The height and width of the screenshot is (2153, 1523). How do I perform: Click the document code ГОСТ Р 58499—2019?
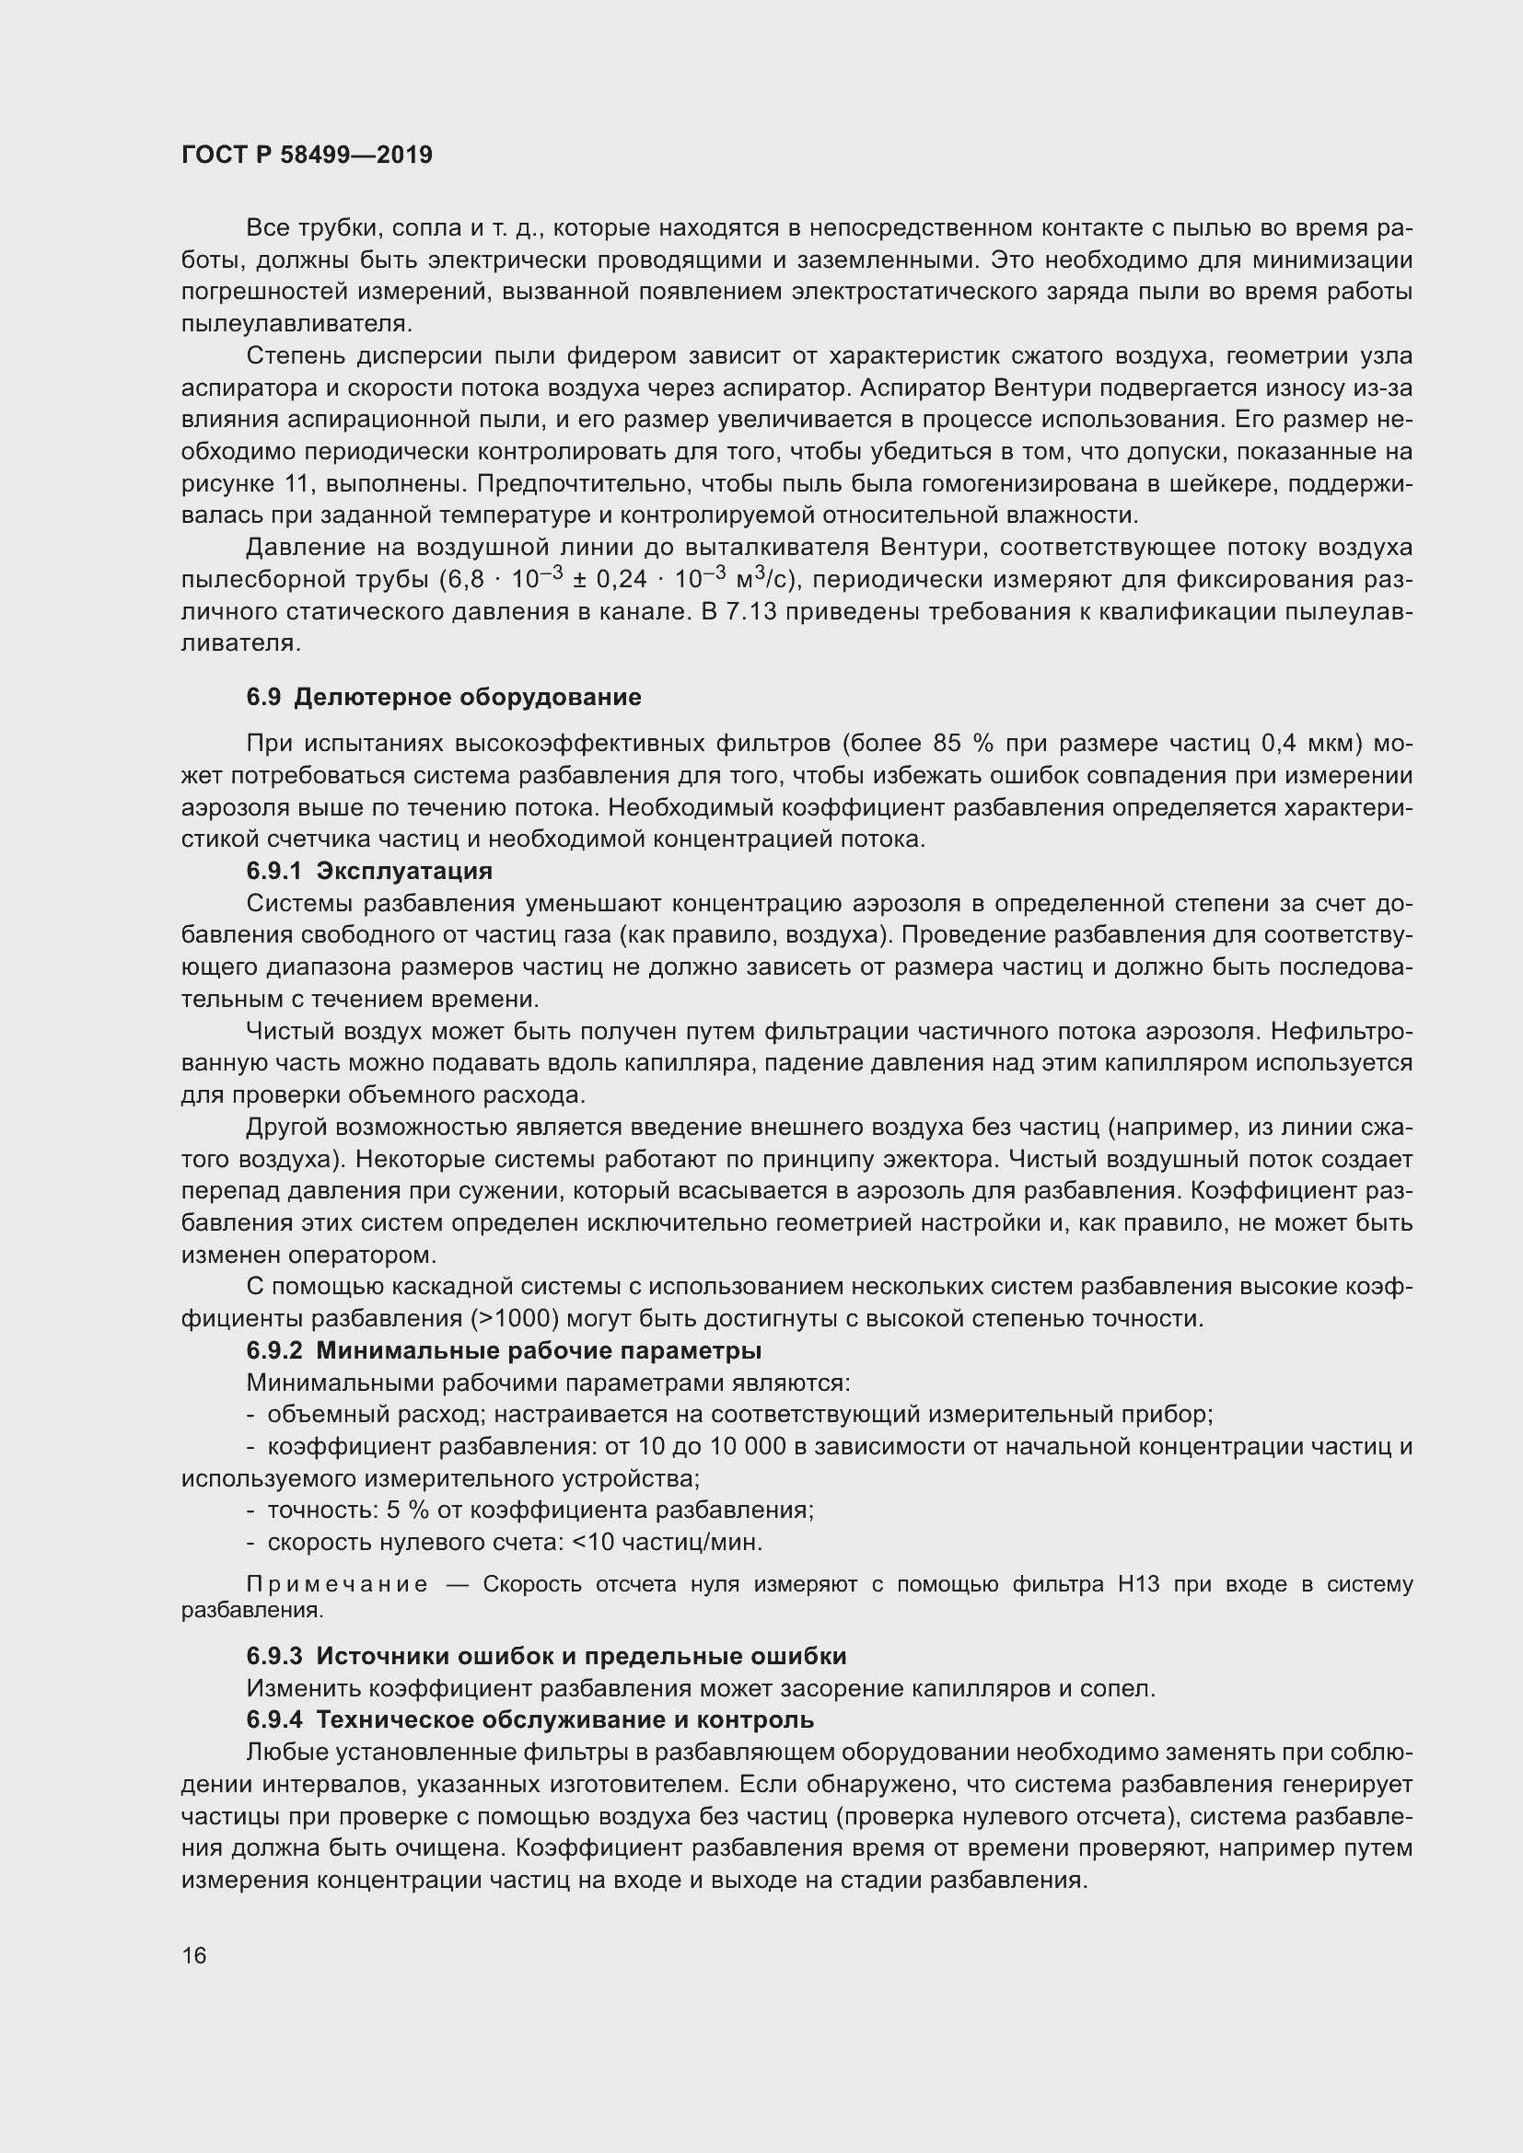pyautogui.click(x=307, y=155)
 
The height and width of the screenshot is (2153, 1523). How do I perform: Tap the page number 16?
pyautogui.click(x=194, y=1955)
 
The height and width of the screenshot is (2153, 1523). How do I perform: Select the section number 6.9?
pyautogui.click(x=263, y=697)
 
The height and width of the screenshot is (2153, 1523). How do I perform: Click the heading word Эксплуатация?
pyautogui.click(x=404, y=870)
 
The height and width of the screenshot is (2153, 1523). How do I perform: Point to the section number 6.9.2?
pyautogui.click(x=274, y=1350)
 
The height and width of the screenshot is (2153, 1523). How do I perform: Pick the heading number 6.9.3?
pyautogui.click(x=274, y=1656)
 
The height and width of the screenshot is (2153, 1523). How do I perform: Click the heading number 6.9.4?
pyautogui.click(x=274, y=1719)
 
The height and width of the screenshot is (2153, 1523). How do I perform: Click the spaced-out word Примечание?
pyautogui.click(x=338, y=1584)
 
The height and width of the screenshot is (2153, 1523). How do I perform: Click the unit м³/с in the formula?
pyautogui.click(x=765, y=579)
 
